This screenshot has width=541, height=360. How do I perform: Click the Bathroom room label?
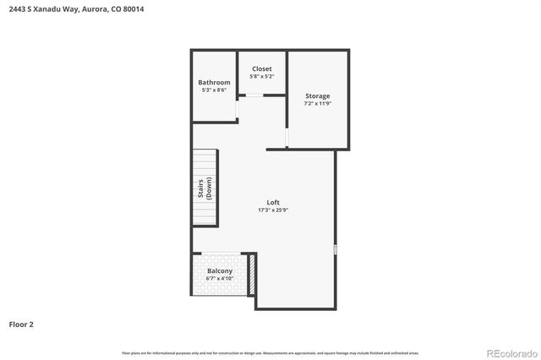click(x=214, y=82)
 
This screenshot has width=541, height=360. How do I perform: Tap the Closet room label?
click(x=261, y=68)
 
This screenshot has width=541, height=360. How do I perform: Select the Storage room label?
click(x=318, y=95)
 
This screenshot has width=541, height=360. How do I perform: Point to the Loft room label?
click(x=273, y=202)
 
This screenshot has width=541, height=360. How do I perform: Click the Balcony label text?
click(x=220, y=271)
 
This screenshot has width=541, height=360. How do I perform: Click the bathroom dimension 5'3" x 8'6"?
click(x=214, y=90)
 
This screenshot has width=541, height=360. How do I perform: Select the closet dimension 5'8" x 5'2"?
click(x=261, y=76)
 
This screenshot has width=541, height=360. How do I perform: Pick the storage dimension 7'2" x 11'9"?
click(x=318, y=103)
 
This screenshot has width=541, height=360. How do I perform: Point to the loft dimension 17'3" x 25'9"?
click(x=273, y=210)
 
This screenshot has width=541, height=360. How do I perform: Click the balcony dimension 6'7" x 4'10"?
click(x=220, y=278)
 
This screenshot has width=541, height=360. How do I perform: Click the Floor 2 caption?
click(x=21, y=324)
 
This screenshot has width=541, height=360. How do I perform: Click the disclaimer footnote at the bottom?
click(x=270, y=352)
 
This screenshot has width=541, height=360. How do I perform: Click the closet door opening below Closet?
click(x=251, y=95)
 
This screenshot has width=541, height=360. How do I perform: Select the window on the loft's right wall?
click(x=336, y=249)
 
